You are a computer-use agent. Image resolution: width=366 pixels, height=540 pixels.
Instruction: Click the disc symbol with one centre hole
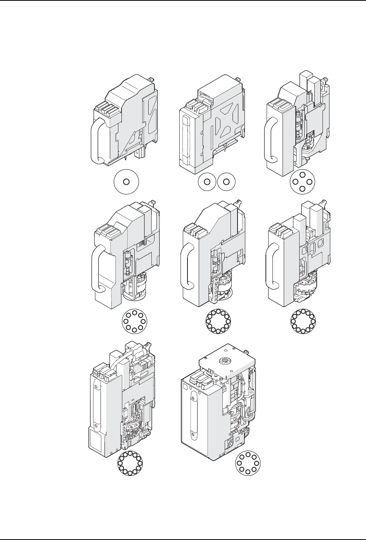(x=126, y=181)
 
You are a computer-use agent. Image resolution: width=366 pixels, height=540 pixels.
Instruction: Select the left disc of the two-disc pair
(x=207, y=181)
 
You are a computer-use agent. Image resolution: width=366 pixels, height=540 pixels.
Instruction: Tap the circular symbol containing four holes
(x=303, y=182)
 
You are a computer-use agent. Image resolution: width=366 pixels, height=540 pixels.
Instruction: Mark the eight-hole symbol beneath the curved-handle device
(x=134, y=322)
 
